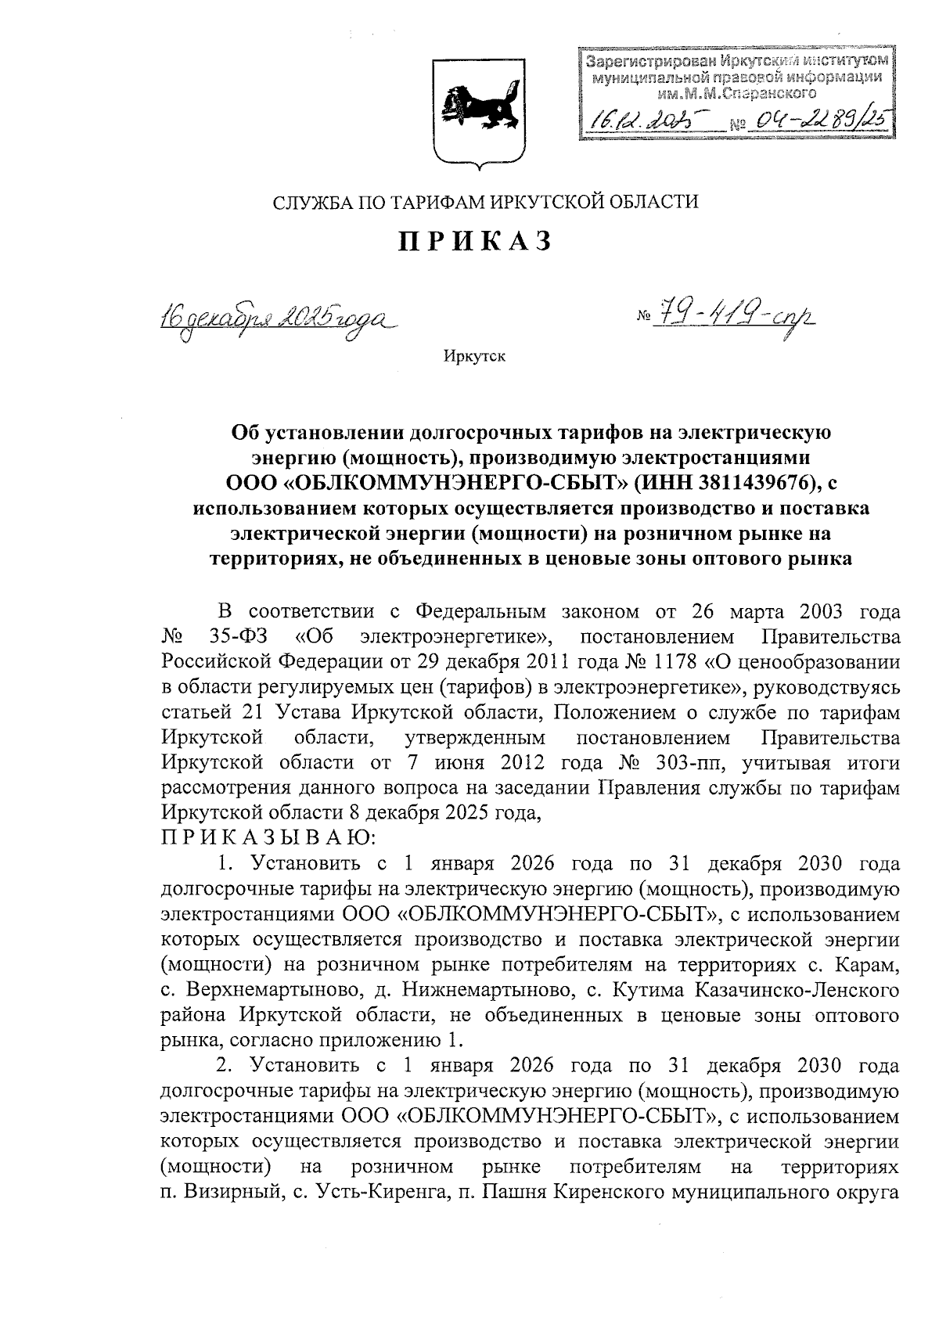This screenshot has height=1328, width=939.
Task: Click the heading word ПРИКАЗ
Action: coord(476,242)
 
